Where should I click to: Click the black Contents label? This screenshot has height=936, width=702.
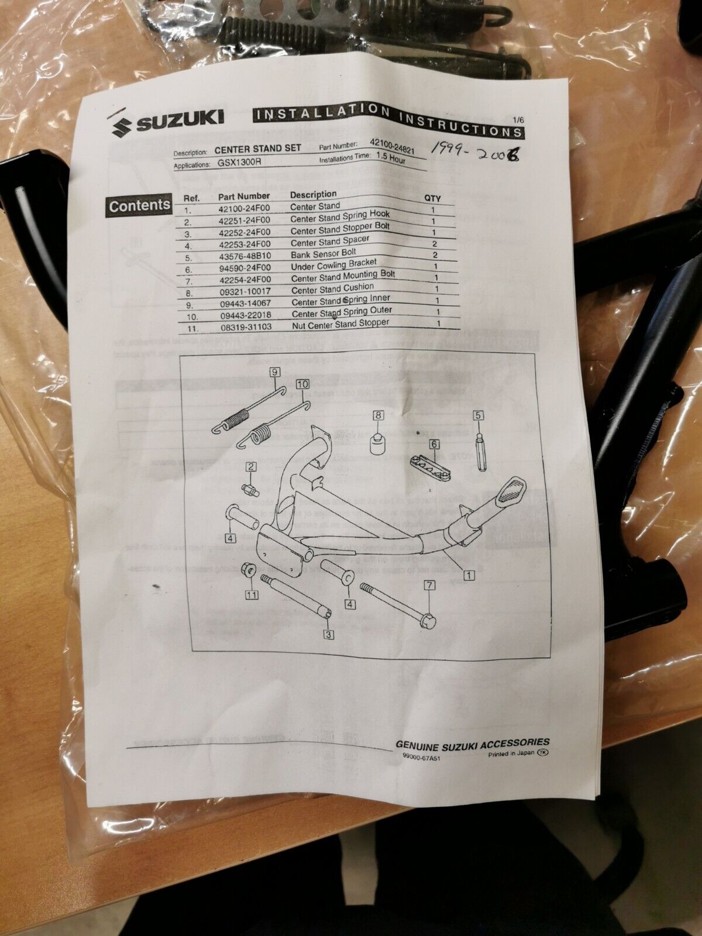pos(139,206)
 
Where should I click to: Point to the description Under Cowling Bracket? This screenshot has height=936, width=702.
pos(333,265)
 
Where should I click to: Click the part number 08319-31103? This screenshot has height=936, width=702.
pos(245,328)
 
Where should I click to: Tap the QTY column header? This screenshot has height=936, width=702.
pos(432,198)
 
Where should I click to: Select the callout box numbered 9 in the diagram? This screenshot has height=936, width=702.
pos(273,372)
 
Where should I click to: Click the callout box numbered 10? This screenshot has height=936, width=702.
pos(302,384)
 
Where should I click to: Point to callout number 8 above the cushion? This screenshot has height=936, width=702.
pos(378,416)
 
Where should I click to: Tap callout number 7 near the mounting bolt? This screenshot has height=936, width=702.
pos(430,584)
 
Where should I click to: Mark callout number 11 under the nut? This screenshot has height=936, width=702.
pos(252,595)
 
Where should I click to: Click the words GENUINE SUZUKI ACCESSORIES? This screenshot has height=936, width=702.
pos(473,744)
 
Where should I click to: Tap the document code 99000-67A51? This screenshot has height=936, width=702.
pos(421,756)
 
